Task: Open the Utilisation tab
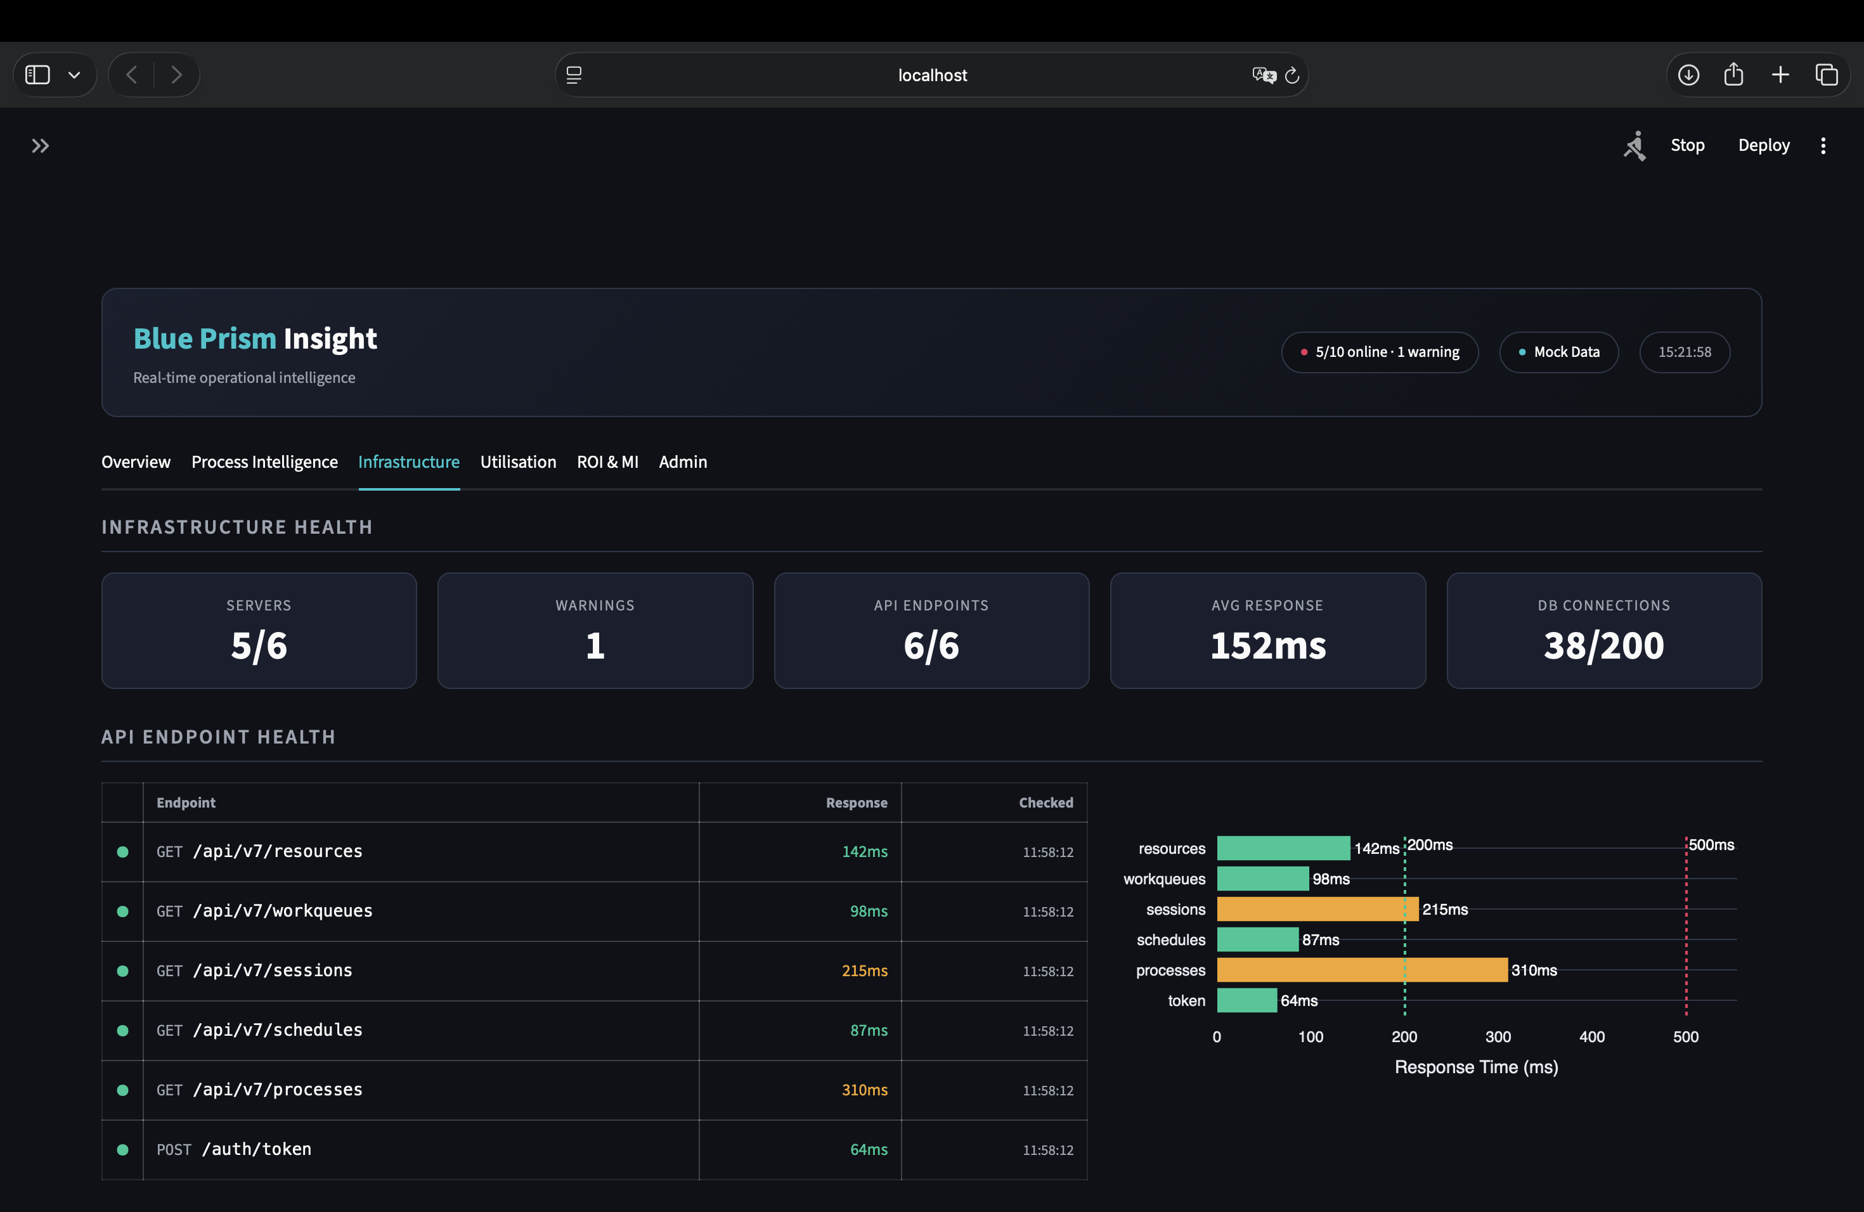[x=518, y=462]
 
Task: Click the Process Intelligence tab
[x=265, y=462]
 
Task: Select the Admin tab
[x=682, y=462]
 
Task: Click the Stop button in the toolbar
[x=1687, y=145]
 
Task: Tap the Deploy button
[x=1763, y=145]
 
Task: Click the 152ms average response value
[x=1267, y=646]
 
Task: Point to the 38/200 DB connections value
[x=1603, y=646]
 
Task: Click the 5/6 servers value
[x=259, y=646]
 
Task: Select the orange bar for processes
[x=1361, y=970]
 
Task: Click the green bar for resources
[x=1283, y=848]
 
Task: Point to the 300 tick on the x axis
[x=1498, y=1036]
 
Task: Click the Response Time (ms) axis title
[x=1475, y=1067]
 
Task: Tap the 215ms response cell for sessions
[x=864, y=971]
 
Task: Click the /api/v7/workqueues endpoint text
[x=283, y=910]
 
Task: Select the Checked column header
[x=1045, y=803]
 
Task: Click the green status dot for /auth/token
[x=122, y=1149]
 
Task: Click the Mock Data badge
[x=1558, y=352]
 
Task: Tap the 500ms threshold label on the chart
[x=1711, y=845]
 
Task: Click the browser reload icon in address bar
[x=1292, y=75]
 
